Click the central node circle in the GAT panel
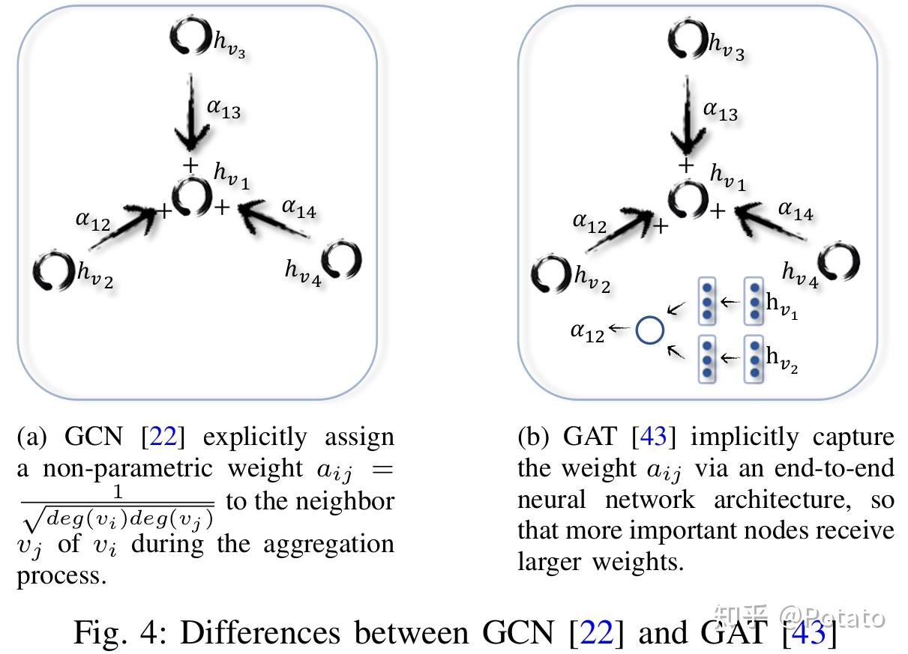pyautogui.click(x=688, y=200)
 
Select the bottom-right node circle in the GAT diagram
pyautogui.click(x=838, y=263)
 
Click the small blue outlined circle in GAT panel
pyautogui.click(x=649, y=330)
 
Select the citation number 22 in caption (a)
pyautogui.click(x=164, y=437)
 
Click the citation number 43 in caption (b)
pyautogui.click(x=655, y=437)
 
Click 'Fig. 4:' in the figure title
pyautogui.click(x=120, y=633)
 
